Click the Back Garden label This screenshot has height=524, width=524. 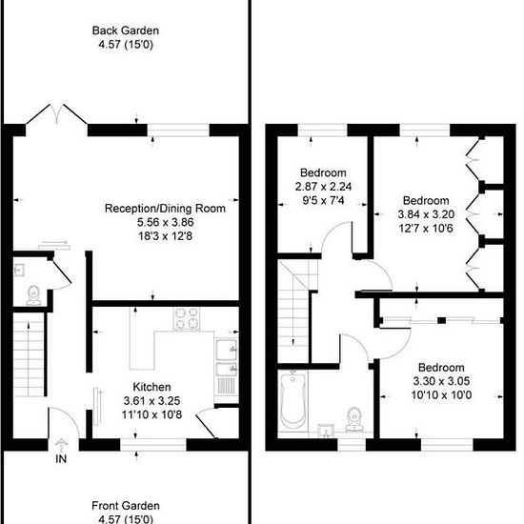click(x=126, y=30)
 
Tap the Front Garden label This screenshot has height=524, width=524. click(x=126, y=505)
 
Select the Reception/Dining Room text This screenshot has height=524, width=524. click(x=165, y=209)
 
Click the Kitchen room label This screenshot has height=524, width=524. click(x=151, y=387)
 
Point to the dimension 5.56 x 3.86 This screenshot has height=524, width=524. click(x=166, y=222)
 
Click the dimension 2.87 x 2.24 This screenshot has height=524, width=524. click(x=323, y=187)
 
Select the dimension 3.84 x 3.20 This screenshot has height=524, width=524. click(x=426, y=214)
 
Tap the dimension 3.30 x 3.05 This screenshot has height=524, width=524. click(x=441, y=381)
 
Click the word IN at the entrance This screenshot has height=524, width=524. click(x=61, y=459)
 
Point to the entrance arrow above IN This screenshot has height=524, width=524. click(x=61, y=445)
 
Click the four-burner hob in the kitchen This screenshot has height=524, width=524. click(x=187, y=319)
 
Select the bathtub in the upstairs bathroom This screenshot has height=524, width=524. click(x=292, y=400)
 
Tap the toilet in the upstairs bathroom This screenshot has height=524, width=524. click(x=353, y=419)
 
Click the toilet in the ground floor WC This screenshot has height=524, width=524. click(x=33, y=295)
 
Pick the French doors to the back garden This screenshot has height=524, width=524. click(x=57, y=114)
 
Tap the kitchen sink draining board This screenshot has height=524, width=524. click(x=226, y=385)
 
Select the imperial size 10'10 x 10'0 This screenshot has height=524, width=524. click(x=441, y=395)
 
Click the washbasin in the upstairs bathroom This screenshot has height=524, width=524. click(x=326, y=431)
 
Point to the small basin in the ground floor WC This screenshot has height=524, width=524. click(x=19, y=270)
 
